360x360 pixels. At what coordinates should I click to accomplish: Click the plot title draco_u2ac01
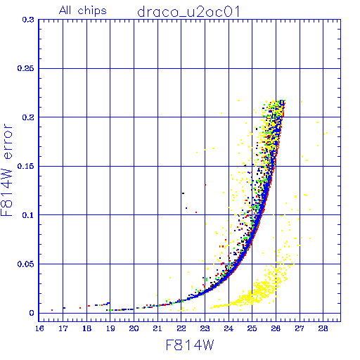click(188, 12)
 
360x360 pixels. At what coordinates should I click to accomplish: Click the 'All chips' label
click(83, 11)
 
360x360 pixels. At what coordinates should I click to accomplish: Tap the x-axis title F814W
click(190, 345)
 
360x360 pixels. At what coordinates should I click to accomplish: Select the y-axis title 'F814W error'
click(6, 169)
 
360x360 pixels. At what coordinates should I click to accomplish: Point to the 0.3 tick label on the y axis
click(28, 20)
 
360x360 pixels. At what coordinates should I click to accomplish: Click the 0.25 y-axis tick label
click(25, 68)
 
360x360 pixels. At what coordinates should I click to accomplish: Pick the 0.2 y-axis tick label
click(28, 117)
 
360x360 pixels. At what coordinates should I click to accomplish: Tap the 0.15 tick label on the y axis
click(25, 166)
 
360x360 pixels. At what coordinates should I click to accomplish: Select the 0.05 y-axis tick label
click(25, 264)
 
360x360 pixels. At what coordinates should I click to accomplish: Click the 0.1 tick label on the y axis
click(28, 215)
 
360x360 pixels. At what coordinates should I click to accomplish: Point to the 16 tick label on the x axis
click(39, 328)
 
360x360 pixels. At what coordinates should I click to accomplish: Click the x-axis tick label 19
click(110, 328)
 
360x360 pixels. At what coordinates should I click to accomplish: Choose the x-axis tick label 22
click(181, 328)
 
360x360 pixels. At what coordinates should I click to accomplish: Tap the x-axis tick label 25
click(252, 328)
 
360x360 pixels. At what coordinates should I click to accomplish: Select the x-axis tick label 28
click(323, 328)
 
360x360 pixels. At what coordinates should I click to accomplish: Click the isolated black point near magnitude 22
click(183, 193)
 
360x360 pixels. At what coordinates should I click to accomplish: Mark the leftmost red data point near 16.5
click(52, 310)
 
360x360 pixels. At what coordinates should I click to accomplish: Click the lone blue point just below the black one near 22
click(186, 208)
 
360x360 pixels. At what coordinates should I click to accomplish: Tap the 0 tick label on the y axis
click(32, 313)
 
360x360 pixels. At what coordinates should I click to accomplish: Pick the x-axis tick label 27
click(300, 328)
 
